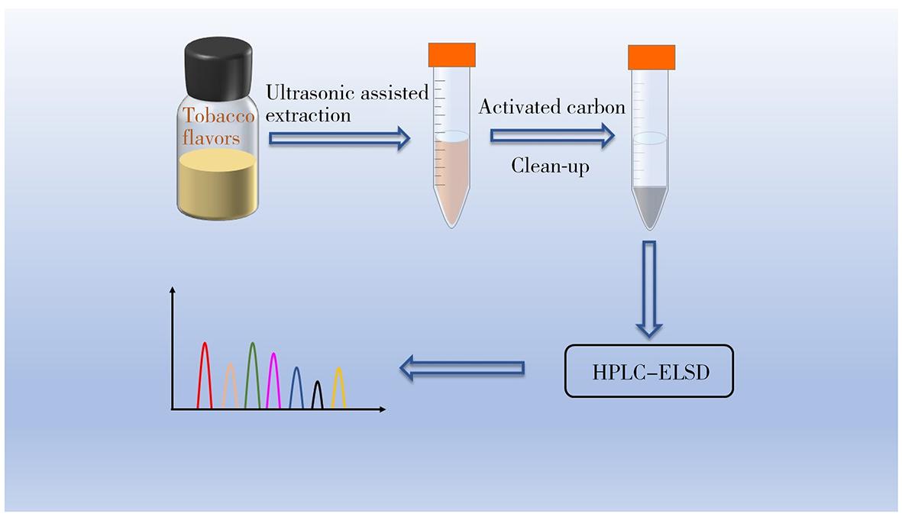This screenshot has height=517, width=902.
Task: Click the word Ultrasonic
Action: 303,93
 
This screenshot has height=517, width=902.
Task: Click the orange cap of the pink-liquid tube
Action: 451,54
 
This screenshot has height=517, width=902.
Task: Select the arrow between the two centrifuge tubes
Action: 551,136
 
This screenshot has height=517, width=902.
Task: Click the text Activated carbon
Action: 551,108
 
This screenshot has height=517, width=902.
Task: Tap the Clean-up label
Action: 550,166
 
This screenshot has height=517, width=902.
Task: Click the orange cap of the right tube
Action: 651,57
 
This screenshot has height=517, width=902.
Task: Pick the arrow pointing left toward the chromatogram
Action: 462,369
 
